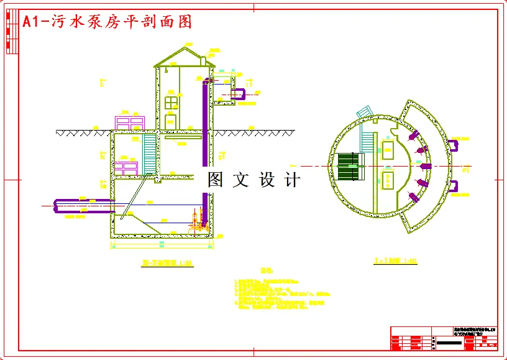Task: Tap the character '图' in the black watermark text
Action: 215,180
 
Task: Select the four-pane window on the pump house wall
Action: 171,102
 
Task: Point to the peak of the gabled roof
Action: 185,48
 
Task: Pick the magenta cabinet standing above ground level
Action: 130,122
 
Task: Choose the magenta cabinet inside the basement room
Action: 125,168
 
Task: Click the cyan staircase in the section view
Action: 150,153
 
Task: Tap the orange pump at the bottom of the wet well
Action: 198,221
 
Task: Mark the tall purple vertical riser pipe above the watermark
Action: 205,124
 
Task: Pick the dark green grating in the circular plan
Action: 349,167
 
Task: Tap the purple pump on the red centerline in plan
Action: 426,167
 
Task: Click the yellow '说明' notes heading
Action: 267,272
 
